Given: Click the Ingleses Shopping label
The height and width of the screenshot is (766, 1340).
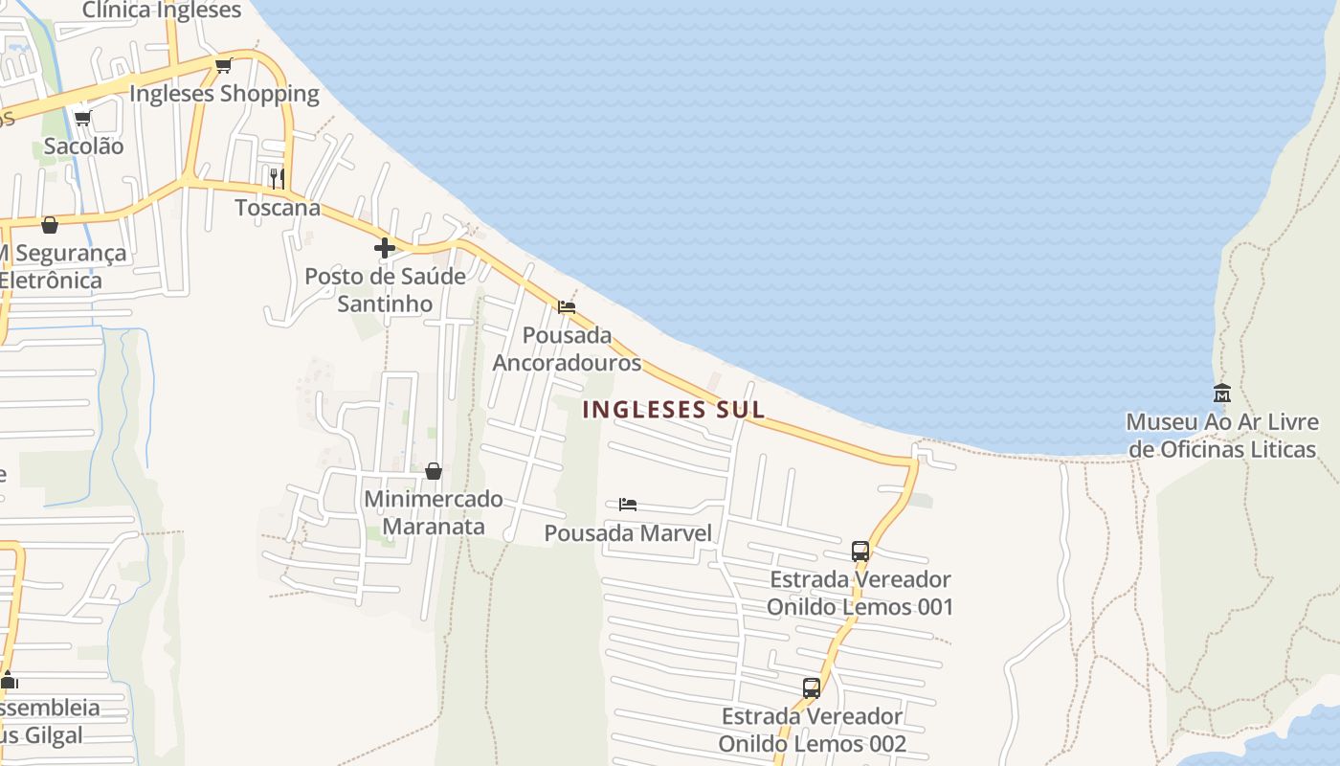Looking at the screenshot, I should tap(224, 94).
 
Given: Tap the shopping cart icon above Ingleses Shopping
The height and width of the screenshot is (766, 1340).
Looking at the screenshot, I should tap(223, 65).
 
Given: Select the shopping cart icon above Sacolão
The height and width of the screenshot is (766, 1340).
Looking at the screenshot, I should tap(83, 118).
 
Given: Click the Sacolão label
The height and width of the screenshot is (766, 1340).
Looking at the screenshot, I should tap(83, 146).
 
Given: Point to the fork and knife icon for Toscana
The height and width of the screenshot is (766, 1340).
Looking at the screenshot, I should tap(277, 178).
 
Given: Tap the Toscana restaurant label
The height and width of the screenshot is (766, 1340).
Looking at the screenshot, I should tap(278, 208).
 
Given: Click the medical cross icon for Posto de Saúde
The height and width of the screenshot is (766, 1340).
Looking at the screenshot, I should tap(385, 248).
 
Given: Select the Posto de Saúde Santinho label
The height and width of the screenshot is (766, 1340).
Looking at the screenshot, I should tap(385, 290).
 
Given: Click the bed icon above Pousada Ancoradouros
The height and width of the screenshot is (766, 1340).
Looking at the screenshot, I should tap(567, 307).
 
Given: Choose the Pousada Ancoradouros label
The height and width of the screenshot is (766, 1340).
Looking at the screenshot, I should tap(567, 349).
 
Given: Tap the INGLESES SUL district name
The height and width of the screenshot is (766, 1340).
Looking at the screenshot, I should tap(674, 410).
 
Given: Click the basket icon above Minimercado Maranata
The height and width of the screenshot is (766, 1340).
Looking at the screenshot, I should tap(434, 471).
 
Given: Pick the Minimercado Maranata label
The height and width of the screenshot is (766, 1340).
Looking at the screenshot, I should tap(434, 513).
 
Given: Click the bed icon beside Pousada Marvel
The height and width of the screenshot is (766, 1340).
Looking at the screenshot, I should tap(628, 504).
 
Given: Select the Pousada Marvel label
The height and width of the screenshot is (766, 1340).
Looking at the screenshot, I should tap(628, 533).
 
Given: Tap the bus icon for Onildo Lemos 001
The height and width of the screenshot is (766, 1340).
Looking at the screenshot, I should tap(860, 551).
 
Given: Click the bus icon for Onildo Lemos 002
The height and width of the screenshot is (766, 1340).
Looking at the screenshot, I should tap(812, 687).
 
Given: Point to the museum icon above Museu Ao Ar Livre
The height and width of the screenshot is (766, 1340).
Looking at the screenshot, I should tap(1222, 393).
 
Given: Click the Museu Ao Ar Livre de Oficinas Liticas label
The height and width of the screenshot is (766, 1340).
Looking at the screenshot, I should tap(1222, 436).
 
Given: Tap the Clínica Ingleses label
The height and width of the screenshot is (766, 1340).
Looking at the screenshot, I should tap(162, 11).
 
